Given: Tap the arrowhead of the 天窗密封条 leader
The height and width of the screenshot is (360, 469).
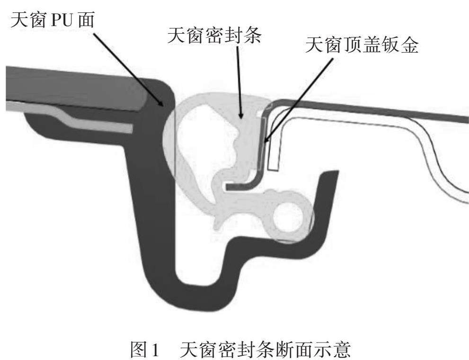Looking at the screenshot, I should (241, 116).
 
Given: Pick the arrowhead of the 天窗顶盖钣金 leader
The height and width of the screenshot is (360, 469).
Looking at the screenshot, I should (265, 141).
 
